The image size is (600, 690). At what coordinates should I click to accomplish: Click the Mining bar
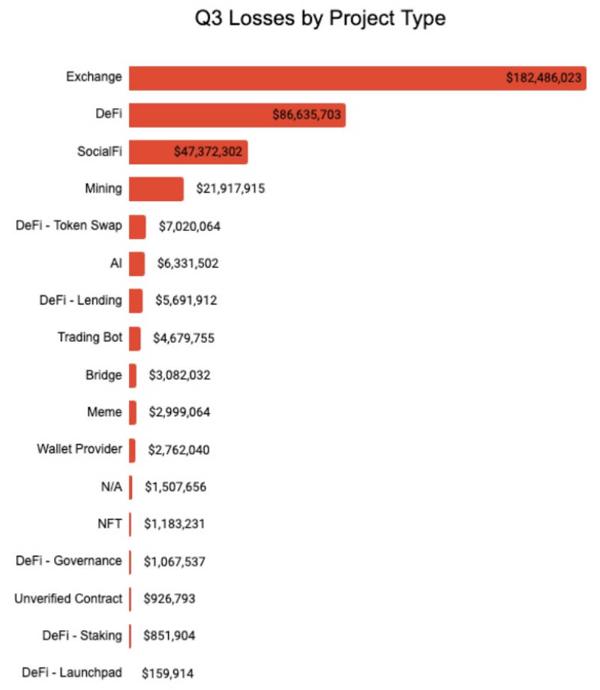pyautogui.click(x=156, y=188)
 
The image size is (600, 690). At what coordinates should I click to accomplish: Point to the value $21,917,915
pyautogui.click(x=230, y=188)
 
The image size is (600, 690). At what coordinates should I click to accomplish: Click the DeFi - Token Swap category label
pyautogui.click(x=68, y=226)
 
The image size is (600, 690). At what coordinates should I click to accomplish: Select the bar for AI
pyautogui.click(x=136, y=263)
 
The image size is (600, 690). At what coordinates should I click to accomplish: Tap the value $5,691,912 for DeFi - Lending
pyautogui.click(x=187, y=301)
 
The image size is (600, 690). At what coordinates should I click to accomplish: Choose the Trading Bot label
pyautogui.click(x=89, y=337)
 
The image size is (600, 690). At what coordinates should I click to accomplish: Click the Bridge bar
pyautogui.click(x=133, y=375)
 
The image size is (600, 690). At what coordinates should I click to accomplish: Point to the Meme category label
pyautogui.click(x=104, y=412)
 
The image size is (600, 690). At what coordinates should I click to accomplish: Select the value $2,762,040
pyautogui.click(x=177, y=450)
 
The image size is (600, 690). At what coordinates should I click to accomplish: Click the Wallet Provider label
pyautogui.click(x=79, y=449)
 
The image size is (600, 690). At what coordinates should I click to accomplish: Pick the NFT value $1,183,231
pyautogui.click(x=174, y=523)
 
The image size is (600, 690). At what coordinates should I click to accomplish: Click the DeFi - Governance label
pyautogui.click(x=68, y=561)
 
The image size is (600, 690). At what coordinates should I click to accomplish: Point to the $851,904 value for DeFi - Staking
pyautogui.click(x=170, y=636)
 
